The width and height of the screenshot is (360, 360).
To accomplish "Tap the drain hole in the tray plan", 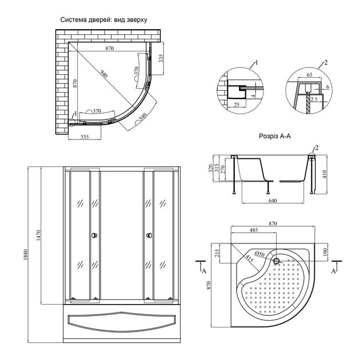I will coord(277,262).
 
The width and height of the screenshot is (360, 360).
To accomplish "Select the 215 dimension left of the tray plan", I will coord(217,252).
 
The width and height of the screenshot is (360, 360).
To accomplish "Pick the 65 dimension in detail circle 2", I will coord(309,75).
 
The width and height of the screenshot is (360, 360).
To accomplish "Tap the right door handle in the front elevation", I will coord(149,235).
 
